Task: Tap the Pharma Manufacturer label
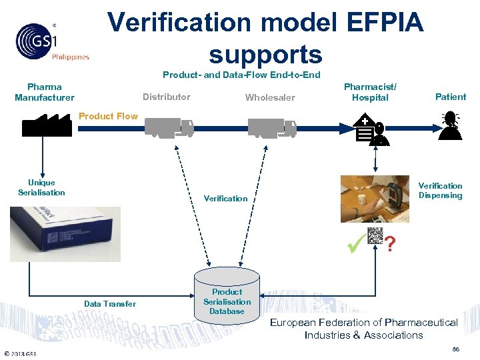pyautogui.click(x=45, y=92)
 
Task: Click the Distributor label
pyautogui.click(x=166, y=97)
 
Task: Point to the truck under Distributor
pyautogui.click(x=169, y=127)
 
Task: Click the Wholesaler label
pyautogui.click(x=270, y=97)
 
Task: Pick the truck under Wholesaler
pyautogui.click(x=273, y=127)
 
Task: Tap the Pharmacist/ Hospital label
pyautogui.click(x=370, y=92)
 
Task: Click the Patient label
pyautogui.click(x=451, y=97)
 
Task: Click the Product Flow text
pyautogui.click(x=108, y=116)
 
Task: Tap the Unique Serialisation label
pyautogui.click(x=41, y=187)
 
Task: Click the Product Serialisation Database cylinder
pyautogui.click(x=227, y=299)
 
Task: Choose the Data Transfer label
pyautogui.click(x=110, y=304)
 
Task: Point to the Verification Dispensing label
pyautogui.click(x=440, y=191)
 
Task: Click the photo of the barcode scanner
pyautogui.click(x=374, y=199)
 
